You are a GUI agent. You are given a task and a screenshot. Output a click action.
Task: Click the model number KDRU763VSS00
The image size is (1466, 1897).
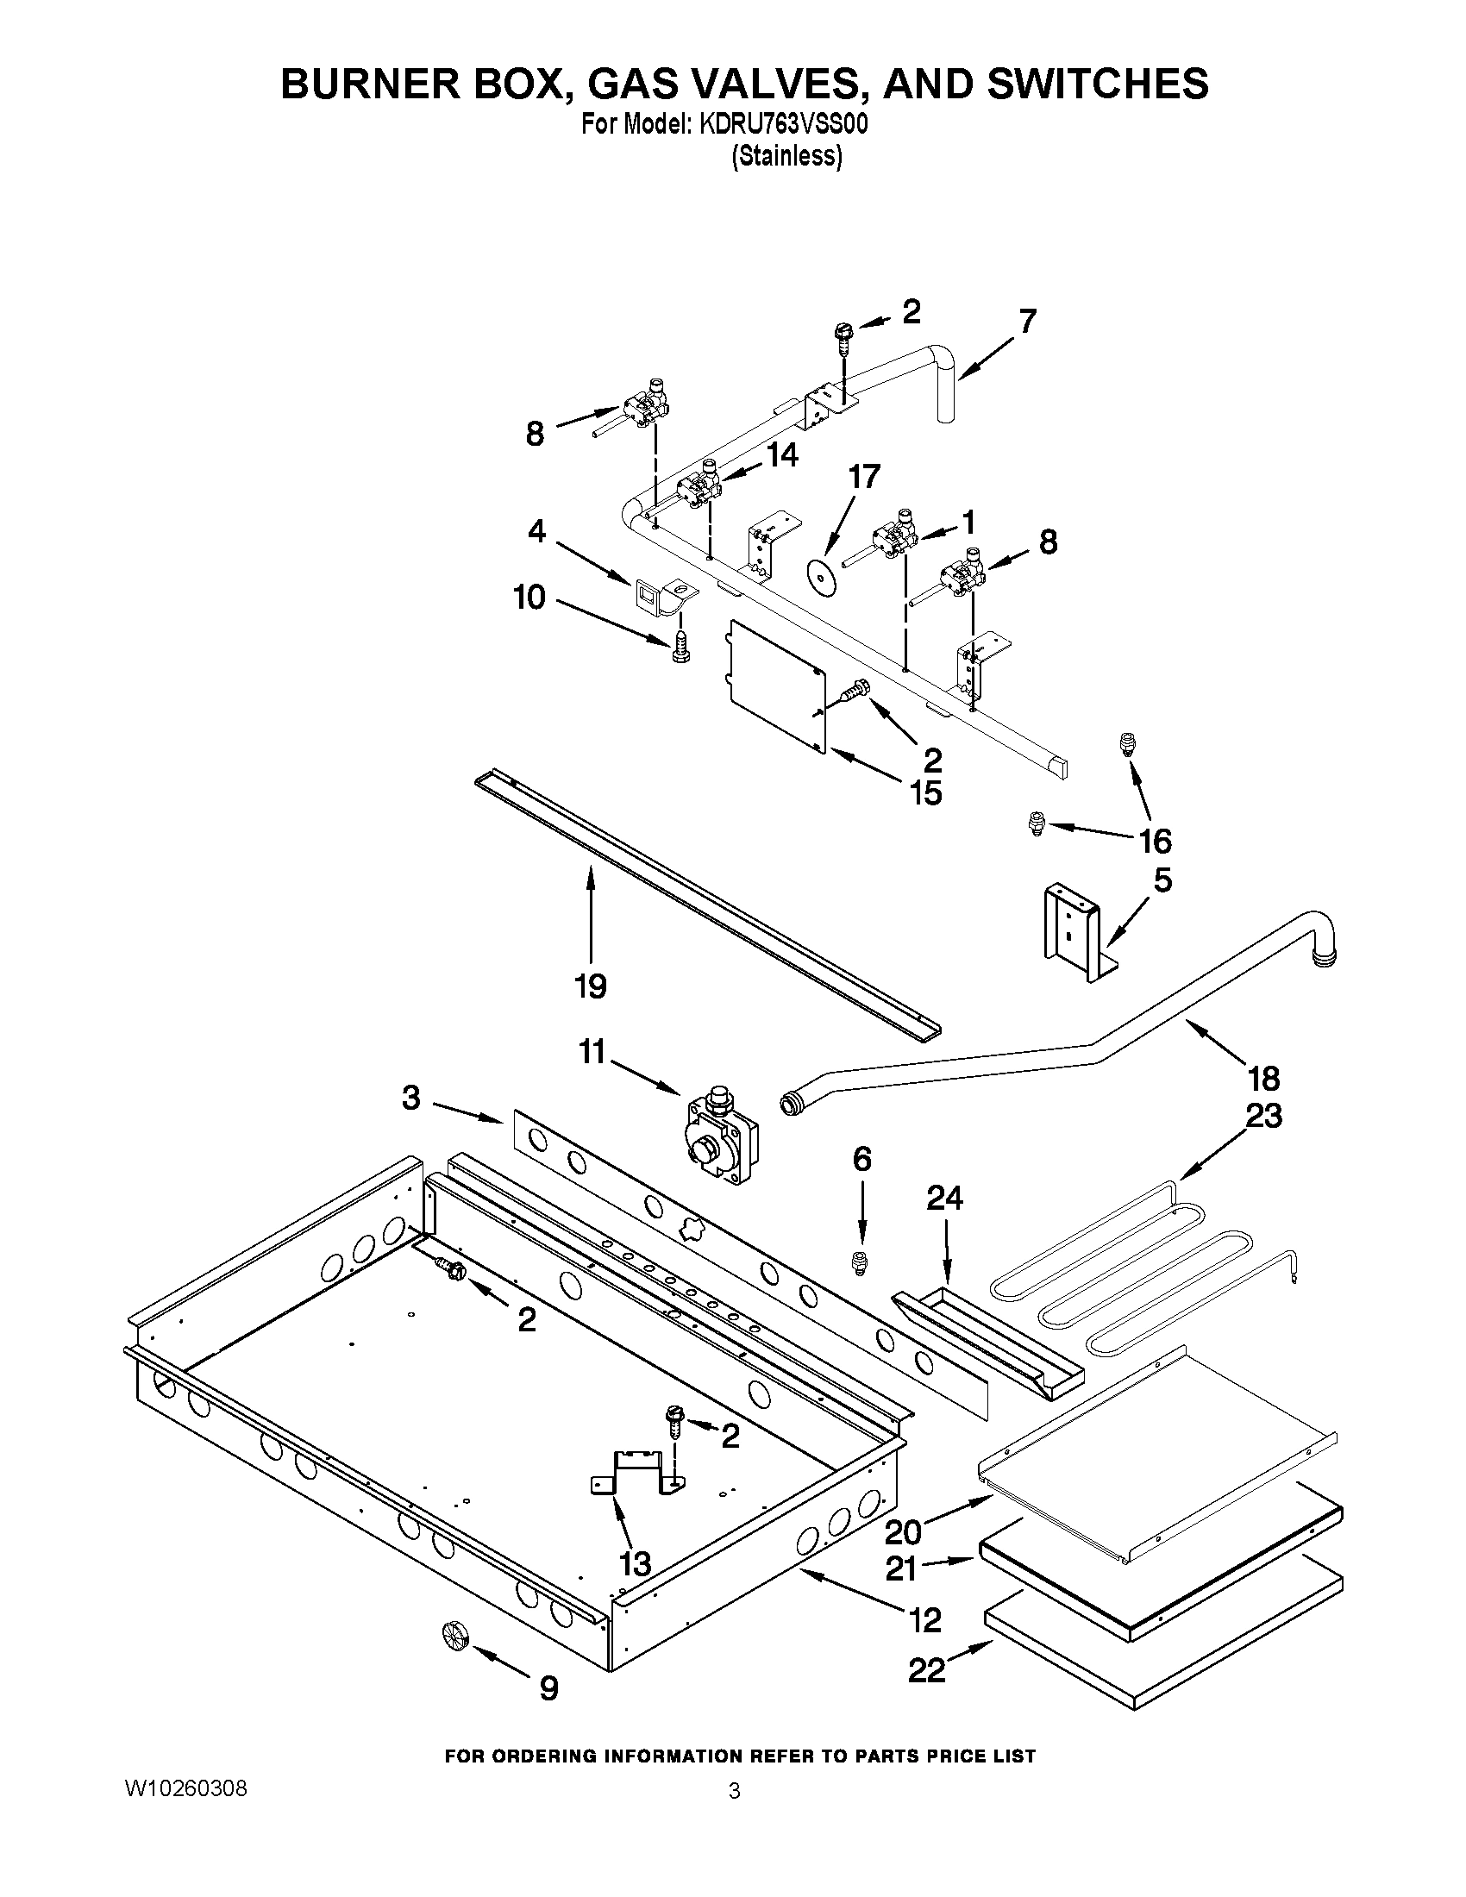click(x=780, y=125)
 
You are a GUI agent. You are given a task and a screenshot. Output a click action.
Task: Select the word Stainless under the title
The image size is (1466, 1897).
click(x=786, y=156)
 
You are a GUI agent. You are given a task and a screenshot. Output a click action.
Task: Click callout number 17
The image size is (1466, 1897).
click(x=864, y=476)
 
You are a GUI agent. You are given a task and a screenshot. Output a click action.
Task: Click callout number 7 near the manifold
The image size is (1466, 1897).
click(x=1027, y=322)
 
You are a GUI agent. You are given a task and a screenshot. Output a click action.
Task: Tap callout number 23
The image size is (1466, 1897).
click(x=1263, y=1115)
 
